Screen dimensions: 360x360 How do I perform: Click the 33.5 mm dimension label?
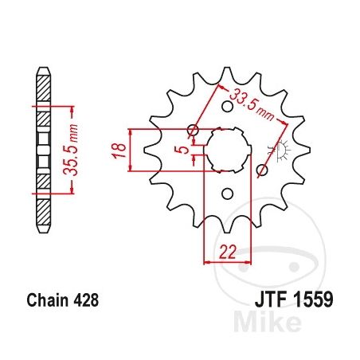(x=251, y=104)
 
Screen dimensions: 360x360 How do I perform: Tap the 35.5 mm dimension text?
(x=71, y=150)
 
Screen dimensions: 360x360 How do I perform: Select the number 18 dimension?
(x=119, y=151)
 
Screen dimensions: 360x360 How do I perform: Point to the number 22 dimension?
(x=228, y=252)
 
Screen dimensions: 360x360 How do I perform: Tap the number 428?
(x=86, y=300)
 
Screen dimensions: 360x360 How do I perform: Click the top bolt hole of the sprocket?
(x=227, y=107)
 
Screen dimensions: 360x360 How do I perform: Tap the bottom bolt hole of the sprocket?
(x=227, y=194)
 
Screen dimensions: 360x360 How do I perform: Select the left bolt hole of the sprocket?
(x=193, y=131)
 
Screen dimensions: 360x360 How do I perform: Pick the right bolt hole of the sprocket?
(x=262, y=170)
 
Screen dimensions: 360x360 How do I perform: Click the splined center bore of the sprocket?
(x=227, y=151)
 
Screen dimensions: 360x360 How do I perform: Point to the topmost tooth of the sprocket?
(x=227, y=76)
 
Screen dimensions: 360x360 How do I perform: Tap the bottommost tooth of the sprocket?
(x=227, y=225)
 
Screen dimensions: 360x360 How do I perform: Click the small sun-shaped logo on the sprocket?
(x=282, y=151)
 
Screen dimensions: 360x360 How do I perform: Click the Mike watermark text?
(x=268, y=322)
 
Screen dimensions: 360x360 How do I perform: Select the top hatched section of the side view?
(x=43, y=88)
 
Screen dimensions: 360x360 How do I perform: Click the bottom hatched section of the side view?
(x=43, y=212)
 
